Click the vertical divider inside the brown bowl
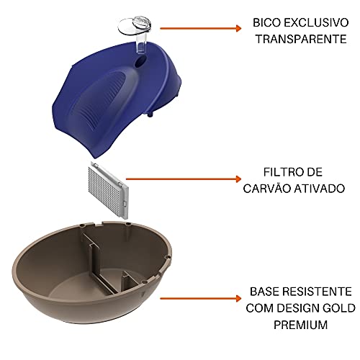coord(91,259)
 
